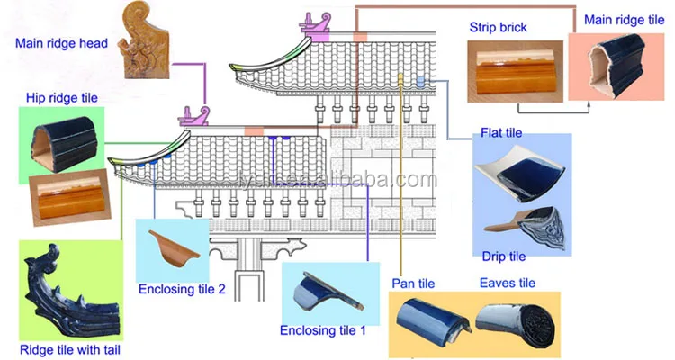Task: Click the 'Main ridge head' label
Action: (61, 43)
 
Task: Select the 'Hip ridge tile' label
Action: (62, 98)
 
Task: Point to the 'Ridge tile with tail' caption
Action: (70, 349)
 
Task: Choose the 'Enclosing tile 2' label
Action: (182, 289)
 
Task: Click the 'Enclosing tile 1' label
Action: (323, 330)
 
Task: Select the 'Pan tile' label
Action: (413, 283)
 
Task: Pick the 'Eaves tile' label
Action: (508, 283)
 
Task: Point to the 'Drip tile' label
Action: (504, 256)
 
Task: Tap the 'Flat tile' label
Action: (501, 132)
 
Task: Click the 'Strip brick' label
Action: (498, 28)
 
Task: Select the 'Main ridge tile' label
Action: (625, 20)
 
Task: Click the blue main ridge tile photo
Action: (616, 65)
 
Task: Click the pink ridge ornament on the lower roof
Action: (194, 116)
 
